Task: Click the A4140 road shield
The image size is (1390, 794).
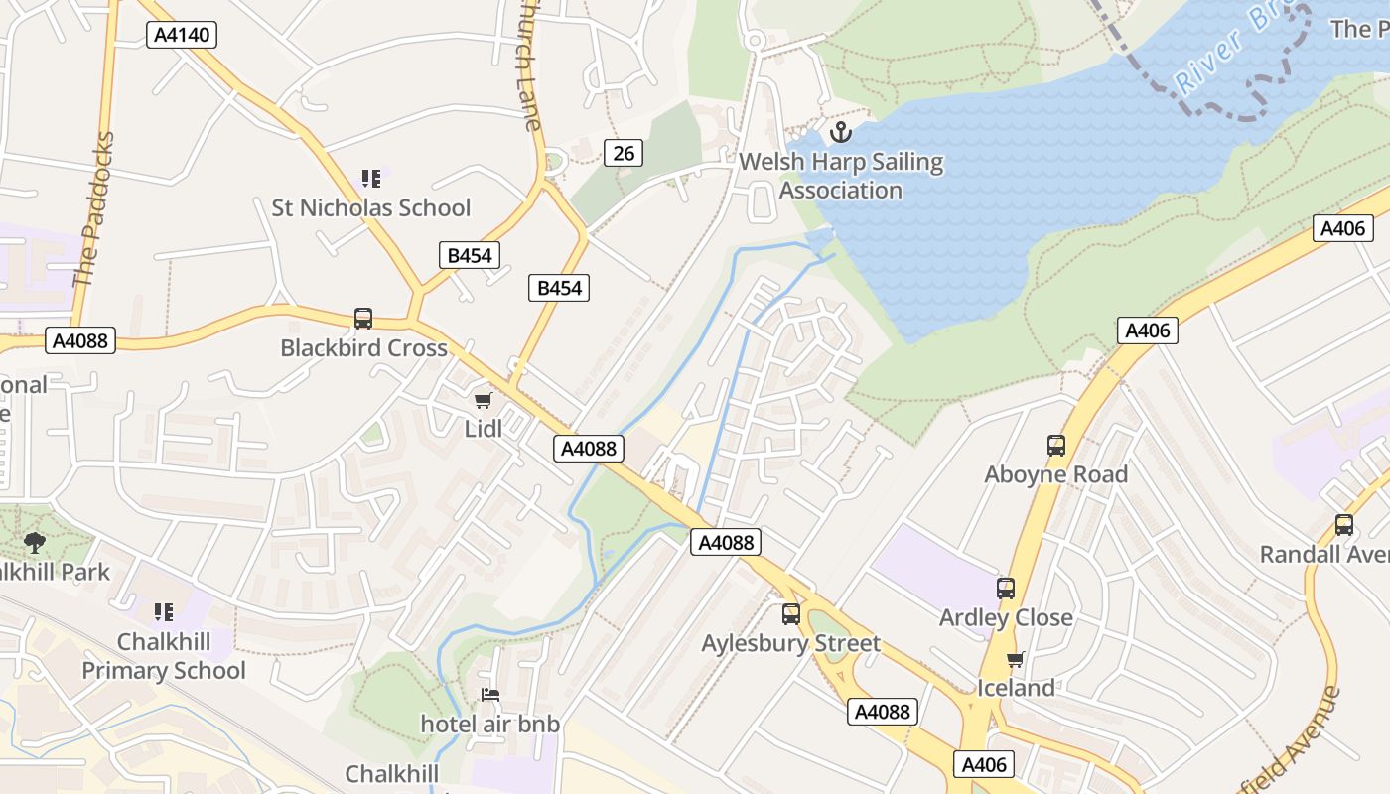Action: [x=182, y=36]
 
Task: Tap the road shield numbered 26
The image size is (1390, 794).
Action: [x=623, y=153]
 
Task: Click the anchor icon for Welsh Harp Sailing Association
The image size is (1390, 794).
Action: [x=841, y=132]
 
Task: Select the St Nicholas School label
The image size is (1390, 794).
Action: [x=371, y=208]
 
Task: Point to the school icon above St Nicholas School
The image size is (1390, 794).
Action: [x=371, y=179]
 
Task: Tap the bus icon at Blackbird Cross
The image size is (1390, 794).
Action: [x=363, y=319]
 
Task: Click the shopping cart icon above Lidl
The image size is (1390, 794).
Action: [x=483, y=400]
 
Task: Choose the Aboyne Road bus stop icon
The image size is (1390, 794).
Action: [x=1056, y=446]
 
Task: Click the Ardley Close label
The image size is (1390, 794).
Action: [x=1006, y=617]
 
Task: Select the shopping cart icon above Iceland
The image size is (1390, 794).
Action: [x=1015, y=660]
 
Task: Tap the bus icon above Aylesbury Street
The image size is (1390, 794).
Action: [x=790, y=614]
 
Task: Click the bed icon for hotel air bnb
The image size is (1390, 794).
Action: [x=490, y=695]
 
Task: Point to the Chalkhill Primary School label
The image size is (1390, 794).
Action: [x=164, y=656]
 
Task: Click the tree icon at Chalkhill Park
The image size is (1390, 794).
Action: [x=35, y=542]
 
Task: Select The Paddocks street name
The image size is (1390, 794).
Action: [x=93, y=210]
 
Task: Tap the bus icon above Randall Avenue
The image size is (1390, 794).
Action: [x=1344, y=525]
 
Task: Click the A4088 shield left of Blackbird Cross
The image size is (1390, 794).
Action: [x=80, y=341]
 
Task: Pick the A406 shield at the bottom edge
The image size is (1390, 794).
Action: [x=985, y=764]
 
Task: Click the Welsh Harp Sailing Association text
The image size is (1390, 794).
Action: [x=841, y=176]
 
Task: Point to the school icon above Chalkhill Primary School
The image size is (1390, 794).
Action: [x=164, y=611]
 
